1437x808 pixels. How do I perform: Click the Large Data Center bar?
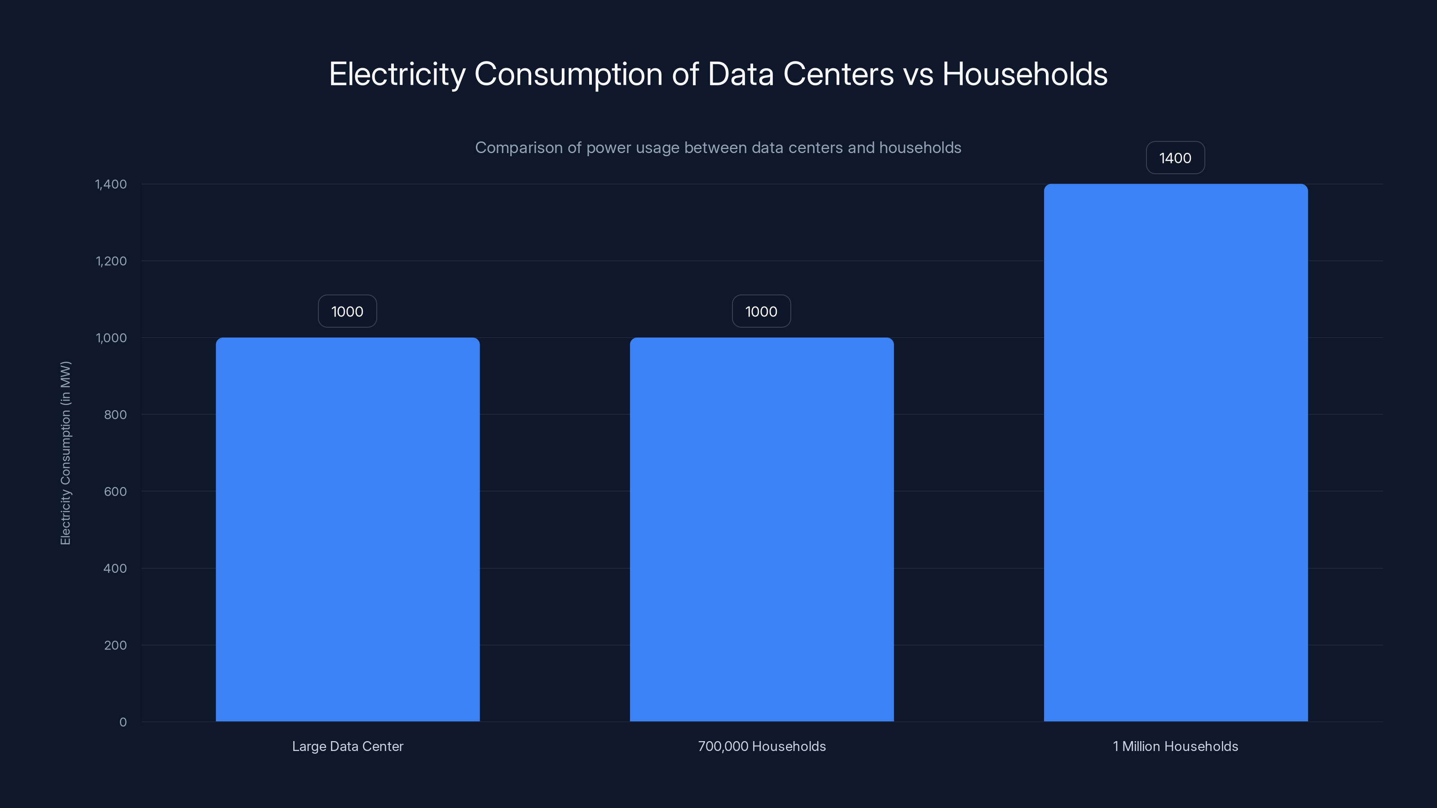(x=348, y=529)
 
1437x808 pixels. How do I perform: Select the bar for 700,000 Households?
(x=762, y=529)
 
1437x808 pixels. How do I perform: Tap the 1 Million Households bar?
(x=1175, y=452)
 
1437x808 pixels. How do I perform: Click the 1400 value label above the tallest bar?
(x=1175, y=158)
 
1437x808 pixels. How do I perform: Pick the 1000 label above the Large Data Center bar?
(x=347, y=312)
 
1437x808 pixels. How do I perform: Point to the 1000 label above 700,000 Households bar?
(x=761, y=312)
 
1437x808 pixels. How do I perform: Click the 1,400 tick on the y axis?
(x=111, y=184)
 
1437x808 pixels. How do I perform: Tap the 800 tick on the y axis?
(x=115, y=415)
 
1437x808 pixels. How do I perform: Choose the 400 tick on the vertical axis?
(x=115, y=569)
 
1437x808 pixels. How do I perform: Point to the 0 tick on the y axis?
(x=123, y=723)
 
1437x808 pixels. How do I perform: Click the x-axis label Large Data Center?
(x=348, y=747)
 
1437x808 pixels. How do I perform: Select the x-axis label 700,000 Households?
(x=762, y=747)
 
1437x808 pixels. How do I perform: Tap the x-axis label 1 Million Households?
(x=1175, y=747)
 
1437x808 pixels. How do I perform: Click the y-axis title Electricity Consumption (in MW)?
(x=66, y=453)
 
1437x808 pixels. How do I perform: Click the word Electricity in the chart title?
(x=397, y=74)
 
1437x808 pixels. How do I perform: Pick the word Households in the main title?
(x=1024, y=74)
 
